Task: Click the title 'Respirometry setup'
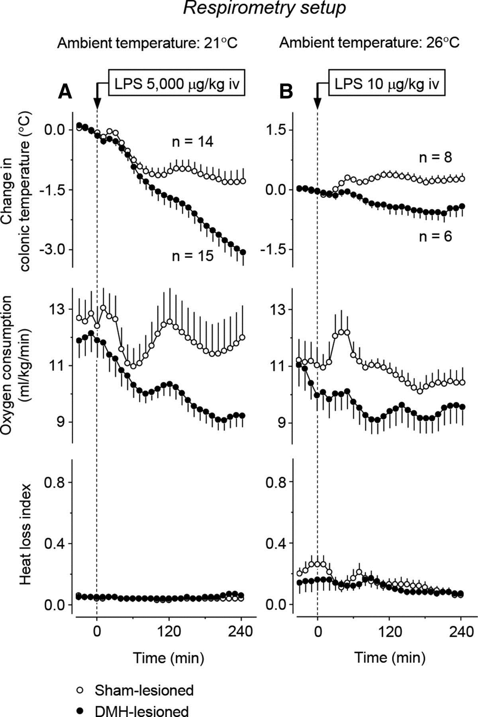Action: (264, 9)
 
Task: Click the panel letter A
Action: (65, 92)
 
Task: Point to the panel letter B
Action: (286, 92)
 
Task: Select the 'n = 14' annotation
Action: (193, 142)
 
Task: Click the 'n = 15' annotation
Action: (193, 256)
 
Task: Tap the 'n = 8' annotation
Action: (435, 158)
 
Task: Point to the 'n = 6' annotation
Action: (435, 237)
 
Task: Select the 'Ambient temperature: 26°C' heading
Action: (369, 43)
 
